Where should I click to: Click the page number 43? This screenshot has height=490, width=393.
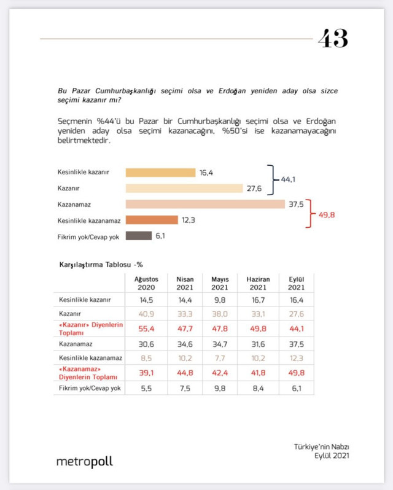click(333, 39)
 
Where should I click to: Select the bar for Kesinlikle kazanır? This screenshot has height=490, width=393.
click(160, 173)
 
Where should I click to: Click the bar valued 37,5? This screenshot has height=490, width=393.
click(205, 204)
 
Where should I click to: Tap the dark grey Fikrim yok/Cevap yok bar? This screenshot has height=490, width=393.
click(139, 236)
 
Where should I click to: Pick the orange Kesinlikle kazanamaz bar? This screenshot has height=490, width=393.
click(152, 220)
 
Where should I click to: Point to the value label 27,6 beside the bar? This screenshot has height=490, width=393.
click(254, 189)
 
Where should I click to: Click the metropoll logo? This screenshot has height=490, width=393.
click(84, 461)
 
